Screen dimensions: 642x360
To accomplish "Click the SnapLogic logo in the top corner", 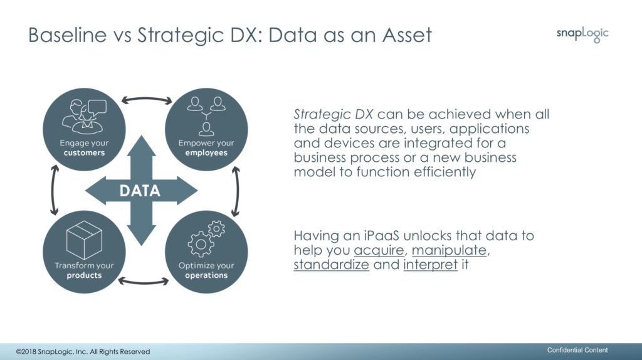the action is tap(582, 34).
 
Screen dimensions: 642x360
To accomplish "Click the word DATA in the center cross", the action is tap(140, 191).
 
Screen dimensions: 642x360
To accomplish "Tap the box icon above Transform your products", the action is tap(84, 240).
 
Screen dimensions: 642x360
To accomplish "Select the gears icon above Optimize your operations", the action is tap(206, 239).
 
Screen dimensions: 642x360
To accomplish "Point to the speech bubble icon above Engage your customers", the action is tap(97, 107).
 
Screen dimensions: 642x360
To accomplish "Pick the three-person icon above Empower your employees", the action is tap(206, 116).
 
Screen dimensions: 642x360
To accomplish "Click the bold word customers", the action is tap(85, 153).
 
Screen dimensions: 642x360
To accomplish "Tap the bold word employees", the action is tap(206, 153).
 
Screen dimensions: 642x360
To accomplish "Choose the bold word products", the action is tap(85, 275).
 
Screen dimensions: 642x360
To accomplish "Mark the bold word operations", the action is tap(206, 275).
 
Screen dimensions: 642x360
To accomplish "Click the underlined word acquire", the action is tap(379, 250).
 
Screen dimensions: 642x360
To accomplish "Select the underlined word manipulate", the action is tap(449, 250).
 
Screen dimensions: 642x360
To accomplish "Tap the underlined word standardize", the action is tap(331, 265).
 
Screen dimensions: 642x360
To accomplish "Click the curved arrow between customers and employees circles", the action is tap(147, 99).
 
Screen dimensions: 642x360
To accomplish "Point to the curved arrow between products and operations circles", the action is tap(144, 282).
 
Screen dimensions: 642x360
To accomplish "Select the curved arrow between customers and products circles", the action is tap(53, 190).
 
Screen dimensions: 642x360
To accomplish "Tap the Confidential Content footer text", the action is tap(577, 350).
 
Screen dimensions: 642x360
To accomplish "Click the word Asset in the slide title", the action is tap(407, 35).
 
